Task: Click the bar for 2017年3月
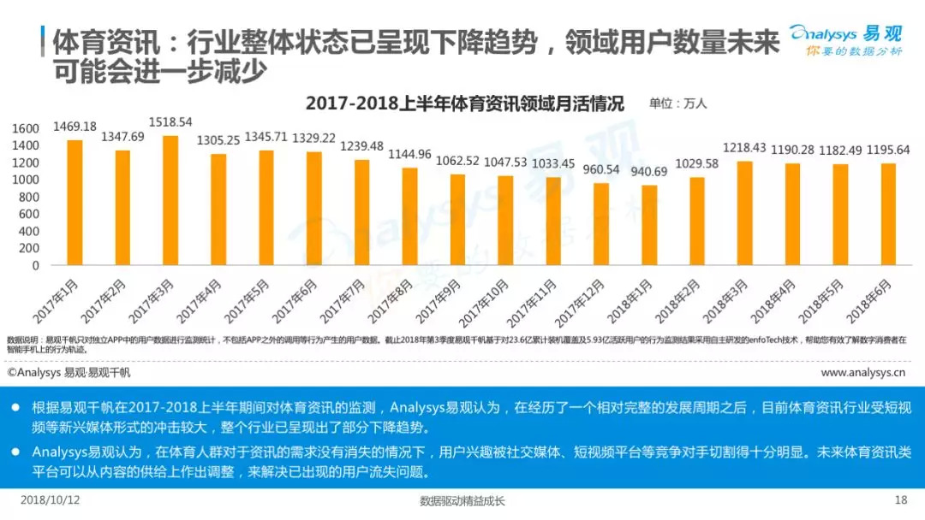170,200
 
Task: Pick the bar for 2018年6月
890,214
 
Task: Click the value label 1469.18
75,127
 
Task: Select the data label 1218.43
746,148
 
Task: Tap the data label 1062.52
457,160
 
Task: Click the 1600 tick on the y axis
26,128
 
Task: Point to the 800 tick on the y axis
29,197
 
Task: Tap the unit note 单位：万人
677,104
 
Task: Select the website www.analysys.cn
863,373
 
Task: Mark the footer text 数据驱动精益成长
462,501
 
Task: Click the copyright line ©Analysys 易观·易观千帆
69,373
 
